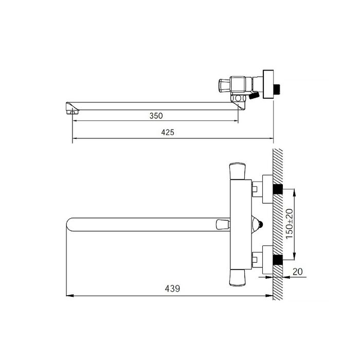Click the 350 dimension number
[x=156, y=116]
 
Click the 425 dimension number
[x=168, y=133]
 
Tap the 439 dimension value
[x=172, y=289]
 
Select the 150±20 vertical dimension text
[x=290, y=224]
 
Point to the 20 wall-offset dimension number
[x=298, y=272]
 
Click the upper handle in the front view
[x=238, y=171]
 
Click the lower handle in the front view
[x=238, y=278]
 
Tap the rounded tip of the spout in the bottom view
[x=68, y=224]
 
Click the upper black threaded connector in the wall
[x=278, y=189]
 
